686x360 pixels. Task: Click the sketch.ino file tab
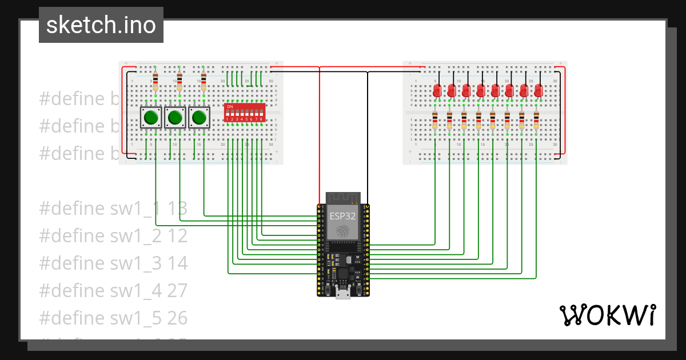(x=101, y=25)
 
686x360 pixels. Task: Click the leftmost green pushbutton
(x=151, y=118)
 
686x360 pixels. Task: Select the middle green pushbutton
(x=175, y=118)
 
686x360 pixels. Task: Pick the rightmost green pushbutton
(x=199, y=118)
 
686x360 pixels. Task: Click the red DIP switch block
(x=245, y=113)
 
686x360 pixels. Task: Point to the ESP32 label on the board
(x=342, y=217)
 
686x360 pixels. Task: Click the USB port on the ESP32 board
(x=343, y=294)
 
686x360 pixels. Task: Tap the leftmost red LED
(x=436, y=90)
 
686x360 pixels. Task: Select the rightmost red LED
(x=537, y=90)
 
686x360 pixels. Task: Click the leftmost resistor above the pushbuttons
(x=155, y=80)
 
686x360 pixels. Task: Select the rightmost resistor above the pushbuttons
(x=204, y=80)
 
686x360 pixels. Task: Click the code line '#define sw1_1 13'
(x=113, y=209)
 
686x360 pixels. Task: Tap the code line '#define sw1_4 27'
(x=113, y=290)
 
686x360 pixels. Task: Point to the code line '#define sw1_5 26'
(x=113, y=317)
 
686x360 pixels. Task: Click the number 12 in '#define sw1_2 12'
(x=177, y=235)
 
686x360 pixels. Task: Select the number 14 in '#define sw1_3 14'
(x=177, y=263)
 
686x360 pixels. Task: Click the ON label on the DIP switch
(x=230, y=107)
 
